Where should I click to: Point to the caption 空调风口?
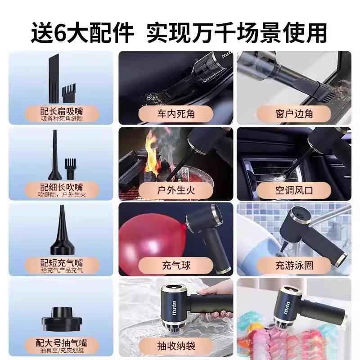294,189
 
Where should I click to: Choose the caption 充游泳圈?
294,265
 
